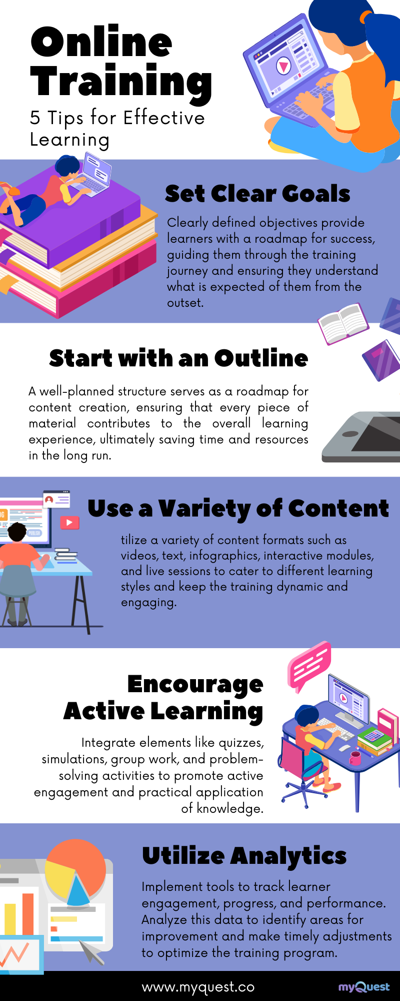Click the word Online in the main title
click(101, 42)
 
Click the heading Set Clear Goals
click(257, 194)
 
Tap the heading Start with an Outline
click(178, 358)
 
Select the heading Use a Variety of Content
click(238, 509)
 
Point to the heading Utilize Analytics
click(244, 856)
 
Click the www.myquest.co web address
click(198, 986)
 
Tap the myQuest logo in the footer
click(364, 987)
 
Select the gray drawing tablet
click(361, 436)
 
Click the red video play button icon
click(69, 523)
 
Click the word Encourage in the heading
click(195, 685)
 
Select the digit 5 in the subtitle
click(34, 118)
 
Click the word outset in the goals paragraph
click(185, 303)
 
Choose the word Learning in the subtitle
click(69, 140)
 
